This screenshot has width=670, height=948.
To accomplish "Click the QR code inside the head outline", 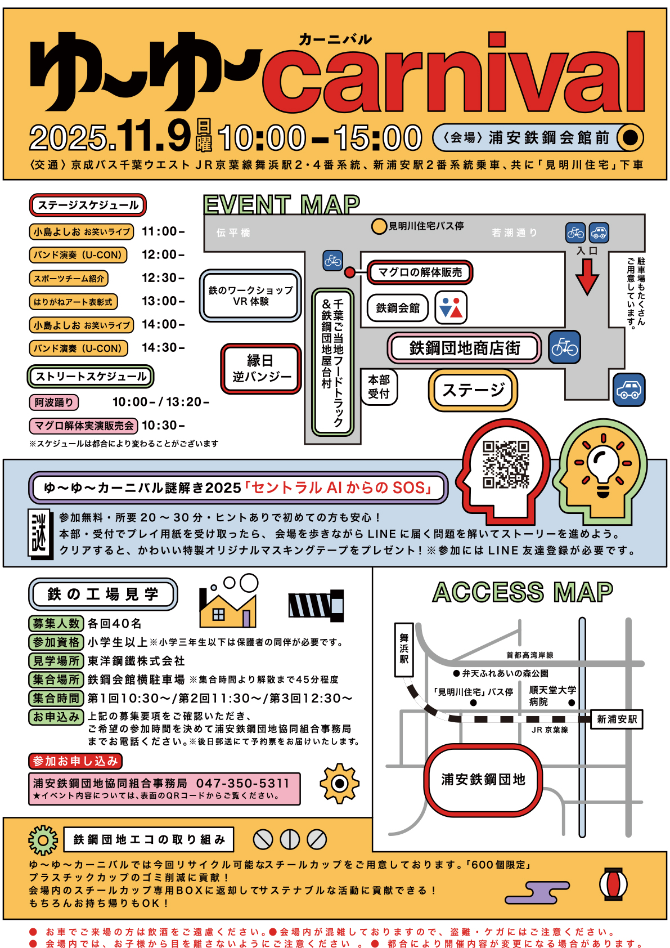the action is pyautogui.click(x=506, y=464).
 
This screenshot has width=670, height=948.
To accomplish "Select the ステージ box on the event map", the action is pyautogui.click(x=473, y=390).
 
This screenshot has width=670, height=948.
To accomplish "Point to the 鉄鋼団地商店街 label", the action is pyautogui.click(x=464, y=348).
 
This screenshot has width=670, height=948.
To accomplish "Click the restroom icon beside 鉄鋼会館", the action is pyautogui.click(x=451, y=307).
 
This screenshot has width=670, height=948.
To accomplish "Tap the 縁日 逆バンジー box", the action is pyautogui.click(x=261, y=368).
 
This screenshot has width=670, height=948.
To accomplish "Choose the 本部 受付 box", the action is pyautogui.click(x=379, y=386).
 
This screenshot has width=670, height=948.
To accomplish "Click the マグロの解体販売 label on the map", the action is pyautogui.click(x=420, y=272).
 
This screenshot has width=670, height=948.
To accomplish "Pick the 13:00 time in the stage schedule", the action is pyautogui.click(x=163, y=301).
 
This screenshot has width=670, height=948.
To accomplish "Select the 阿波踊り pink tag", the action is pyautogui.click(x=53, y=402).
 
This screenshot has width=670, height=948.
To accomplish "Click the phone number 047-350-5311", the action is pyautogui.click(x=243, y=783).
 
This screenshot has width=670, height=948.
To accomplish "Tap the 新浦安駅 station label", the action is pyautogui.click(x=617, y=719).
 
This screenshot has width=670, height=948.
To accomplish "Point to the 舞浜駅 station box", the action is pyautogui.click(x=404, y=649).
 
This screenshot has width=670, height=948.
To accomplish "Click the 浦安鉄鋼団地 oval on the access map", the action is pyautogui.click(x=483, y=779).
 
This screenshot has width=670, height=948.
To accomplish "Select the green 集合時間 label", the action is pyautogui.click(x=56, y=698).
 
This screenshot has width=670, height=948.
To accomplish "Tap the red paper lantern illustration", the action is pyautogui.click(x=613, y=884).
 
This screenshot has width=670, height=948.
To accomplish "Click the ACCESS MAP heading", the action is pyautogui.click(x=523, y=592).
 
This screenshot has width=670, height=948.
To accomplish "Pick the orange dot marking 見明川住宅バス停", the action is pyautogui.click(x=379, y=226).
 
